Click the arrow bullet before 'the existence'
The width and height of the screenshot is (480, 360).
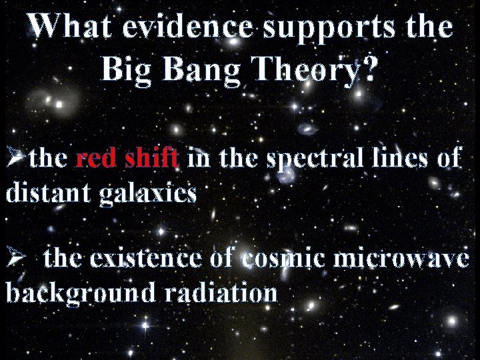click(15, 258)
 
